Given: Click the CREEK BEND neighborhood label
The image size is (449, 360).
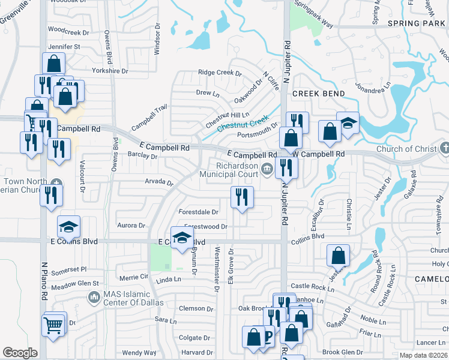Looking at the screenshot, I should (319, 94).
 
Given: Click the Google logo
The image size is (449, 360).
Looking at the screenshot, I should (20, 353).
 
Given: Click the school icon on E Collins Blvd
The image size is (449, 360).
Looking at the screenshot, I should (182, 237).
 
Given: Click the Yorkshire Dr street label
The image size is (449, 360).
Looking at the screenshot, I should (110, 71).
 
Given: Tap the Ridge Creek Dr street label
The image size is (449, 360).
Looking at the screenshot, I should (220, 73).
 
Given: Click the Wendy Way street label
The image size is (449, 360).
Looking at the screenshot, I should (139, 353).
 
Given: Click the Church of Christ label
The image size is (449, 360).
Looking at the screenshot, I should (407, 149).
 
